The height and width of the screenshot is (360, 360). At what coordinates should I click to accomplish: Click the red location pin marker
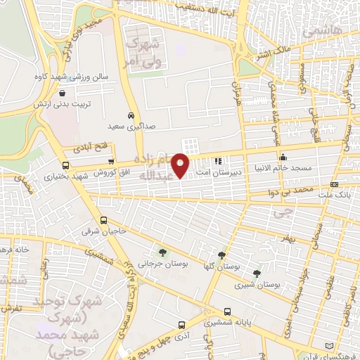click(181, 165)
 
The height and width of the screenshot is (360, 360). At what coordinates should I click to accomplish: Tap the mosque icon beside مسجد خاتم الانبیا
click(283, 157)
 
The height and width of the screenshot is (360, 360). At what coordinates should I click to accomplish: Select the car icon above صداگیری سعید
click(131, 116)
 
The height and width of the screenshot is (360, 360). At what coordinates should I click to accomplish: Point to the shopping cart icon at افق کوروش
click(110, 162)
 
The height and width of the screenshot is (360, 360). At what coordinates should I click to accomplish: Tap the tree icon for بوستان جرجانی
click(162, 252)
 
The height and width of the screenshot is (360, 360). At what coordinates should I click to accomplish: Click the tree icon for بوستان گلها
click(222, 255)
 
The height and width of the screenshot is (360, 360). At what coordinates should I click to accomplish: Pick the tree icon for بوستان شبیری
click(257, 273)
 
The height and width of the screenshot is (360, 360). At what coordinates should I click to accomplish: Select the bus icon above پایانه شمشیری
click(226, 312)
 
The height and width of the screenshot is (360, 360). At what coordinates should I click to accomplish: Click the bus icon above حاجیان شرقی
click(104, 220)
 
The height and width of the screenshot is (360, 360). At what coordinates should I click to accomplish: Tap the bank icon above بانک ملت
click(334, 184)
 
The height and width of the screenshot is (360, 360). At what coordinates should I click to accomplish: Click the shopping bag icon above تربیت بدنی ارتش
click(63, 92)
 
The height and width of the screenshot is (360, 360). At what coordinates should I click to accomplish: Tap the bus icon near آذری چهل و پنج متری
click(182, 325)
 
